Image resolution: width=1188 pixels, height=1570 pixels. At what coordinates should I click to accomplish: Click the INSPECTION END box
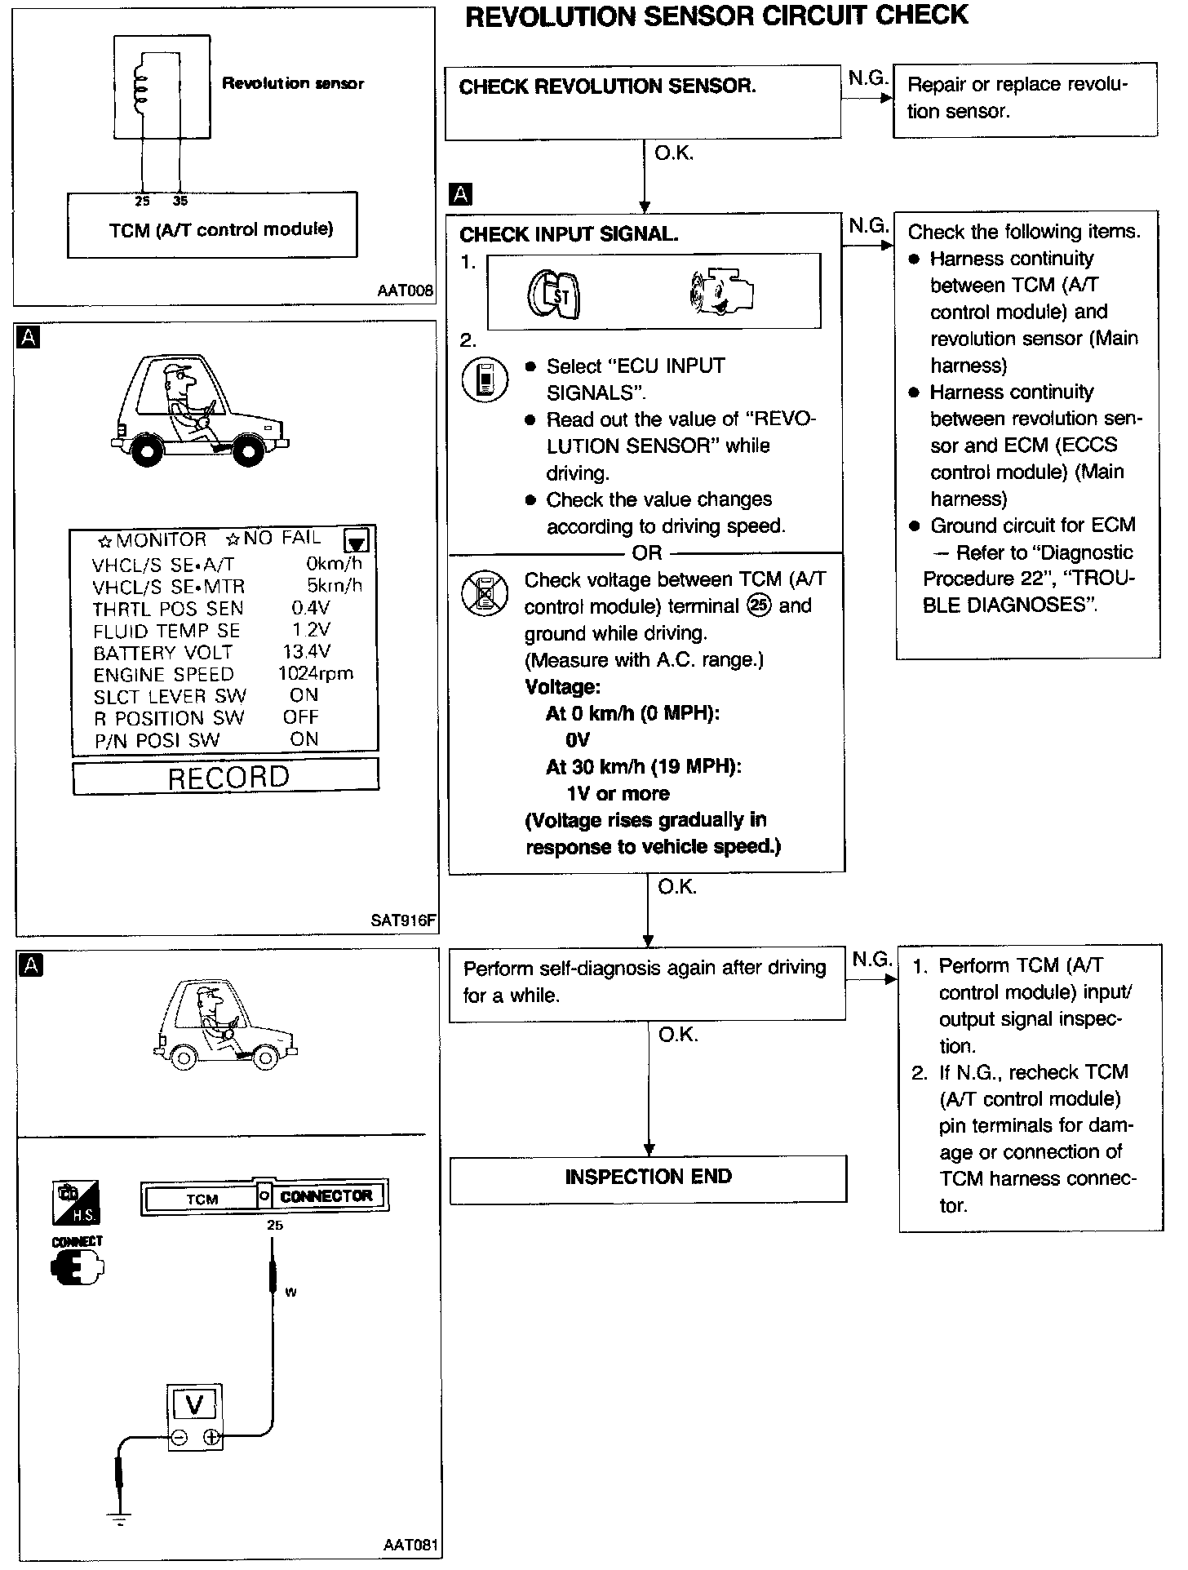[x=648, y=1177]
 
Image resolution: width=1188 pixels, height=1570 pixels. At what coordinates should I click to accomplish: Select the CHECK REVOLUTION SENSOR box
[x=642, y=101]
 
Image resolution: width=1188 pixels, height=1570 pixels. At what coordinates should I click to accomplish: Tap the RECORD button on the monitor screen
[x=226, y=776]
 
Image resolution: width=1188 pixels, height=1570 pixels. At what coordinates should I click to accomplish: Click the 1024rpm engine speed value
[x=315, y=673]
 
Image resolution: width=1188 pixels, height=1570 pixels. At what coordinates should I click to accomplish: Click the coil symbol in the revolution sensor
[x=140, y=82]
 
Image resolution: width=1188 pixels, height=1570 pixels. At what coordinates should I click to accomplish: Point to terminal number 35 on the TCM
[x=180, y=201]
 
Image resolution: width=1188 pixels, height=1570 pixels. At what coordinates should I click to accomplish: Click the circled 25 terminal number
[x=759, y=606]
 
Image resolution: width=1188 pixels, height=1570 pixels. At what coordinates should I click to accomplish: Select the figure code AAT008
[x=405, y=290]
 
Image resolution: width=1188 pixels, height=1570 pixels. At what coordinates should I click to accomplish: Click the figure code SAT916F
[x=403, y=920]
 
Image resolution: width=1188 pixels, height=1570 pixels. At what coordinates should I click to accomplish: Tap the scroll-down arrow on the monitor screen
[x=356, y=541]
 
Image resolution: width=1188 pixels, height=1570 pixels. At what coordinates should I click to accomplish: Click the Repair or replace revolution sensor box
[x=1025, y=100]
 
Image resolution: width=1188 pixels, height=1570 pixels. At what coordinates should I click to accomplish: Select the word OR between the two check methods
[x=646, y=553]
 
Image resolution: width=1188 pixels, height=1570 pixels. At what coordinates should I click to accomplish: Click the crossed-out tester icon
[x=485, y=593]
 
